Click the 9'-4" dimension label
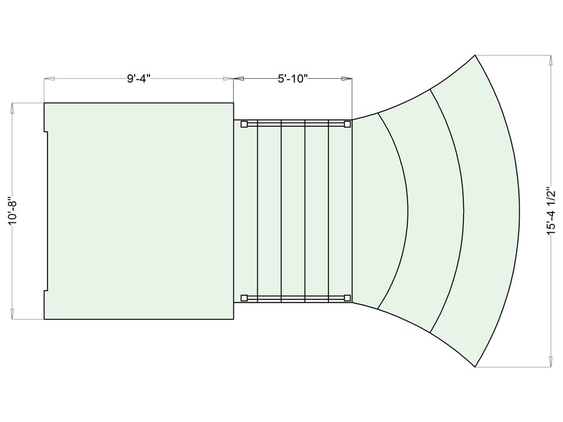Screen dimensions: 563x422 coord(138,79)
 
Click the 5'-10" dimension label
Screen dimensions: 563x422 coord(293,79)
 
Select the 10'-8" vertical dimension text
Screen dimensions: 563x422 coord(13,212)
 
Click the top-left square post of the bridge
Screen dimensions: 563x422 coord(244,124)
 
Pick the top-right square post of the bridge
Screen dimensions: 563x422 coord(347,124)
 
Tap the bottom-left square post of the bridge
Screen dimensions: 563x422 coord(244,298)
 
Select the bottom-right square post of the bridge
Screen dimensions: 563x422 coord(347,298)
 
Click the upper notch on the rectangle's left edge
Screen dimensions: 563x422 coord(46,132)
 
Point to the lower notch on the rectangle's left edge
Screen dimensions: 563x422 coord(46,290)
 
